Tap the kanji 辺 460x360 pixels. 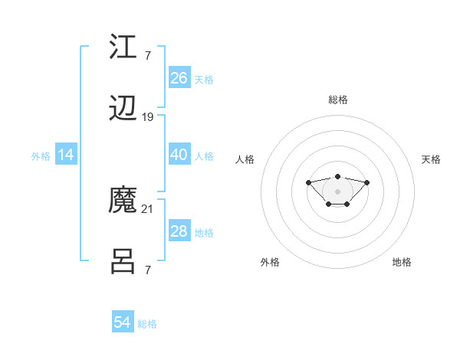123,110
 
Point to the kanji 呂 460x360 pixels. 123,263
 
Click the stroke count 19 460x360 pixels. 148,117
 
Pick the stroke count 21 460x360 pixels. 148,208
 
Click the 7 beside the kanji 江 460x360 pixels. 147,56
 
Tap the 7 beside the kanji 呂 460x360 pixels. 147,270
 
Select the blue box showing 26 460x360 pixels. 179,78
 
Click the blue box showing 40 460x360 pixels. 179,155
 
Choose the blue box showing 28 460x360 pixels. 179,231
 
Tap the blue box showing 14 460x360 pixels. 66,155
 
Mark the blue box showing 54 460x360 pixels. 123,322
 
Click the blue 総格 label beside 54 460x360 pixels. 147,324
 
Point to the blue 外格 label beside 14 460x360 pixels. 41,156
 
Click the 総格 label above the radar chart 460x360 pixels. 337,100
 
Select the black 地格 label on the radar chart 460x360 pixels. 402,262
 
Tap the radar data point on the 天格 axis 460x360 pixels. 366,182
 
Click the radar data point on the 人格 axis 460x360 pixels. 308,182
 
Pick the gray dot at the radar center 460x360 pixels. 337,191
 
